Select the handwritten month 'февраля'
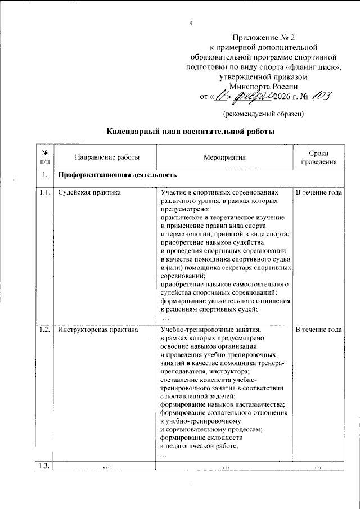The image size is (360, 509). (x=253, y=97)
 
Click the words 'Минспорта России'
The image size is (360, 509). (x=264, y=86)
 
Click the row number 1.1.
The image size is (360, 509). (x=45, y=192)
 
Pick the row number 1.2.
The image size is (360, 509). (x=45, y=330)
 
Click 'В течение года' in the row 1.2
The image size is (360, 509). (x=318, y=330)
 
